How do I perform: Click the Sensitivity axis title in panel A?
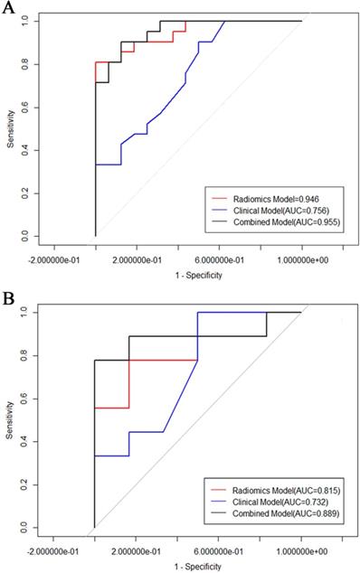[x=9, y=128]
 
